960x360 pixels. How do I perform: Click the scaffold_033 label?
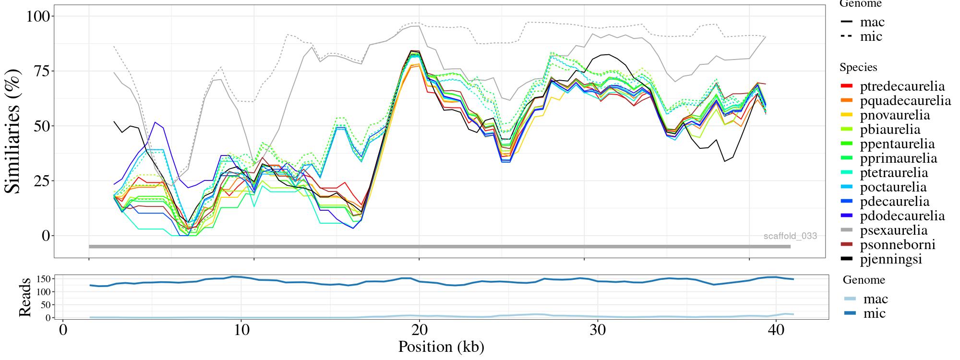click(790, 236)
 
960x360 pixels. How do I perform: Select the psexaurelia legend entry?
click(893, 230)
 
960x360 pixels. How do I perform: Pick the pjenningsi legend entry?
click(891, 259)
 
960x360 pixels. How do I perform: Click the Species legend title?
click(858, 68)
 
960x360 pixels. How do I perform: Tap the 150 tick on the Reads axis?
click(44, 279)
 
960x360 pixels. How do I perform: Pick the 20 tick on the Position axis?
click(419, 331)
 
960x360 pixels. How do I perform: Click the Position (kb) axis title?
click(441, 347)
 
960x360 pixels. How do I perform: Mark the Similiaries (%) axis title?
click(13, 131)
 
